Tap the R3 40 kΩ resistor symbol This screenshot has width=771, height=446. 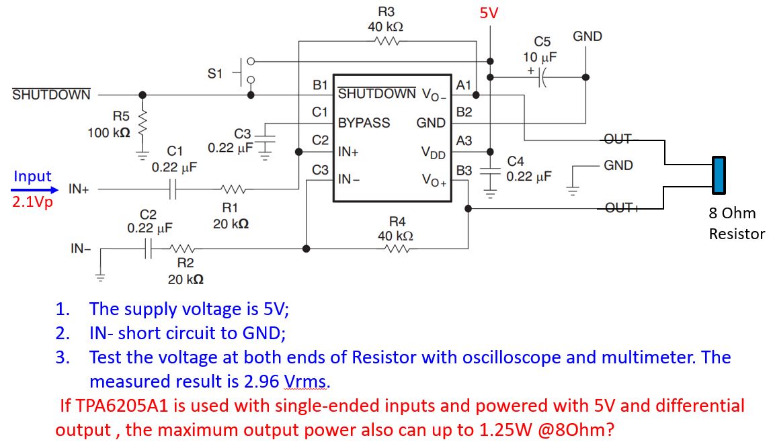pyautogui.click(x=388, y=41)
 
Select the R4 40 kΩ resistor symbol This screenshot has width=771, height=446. pyautogui.click(x=397, y=249)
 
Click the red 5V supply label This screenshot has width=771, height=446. pyautogui.click(x=489, y=13)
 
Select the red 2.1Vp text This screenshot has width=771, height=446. pyautogui.click(x=32, y=202)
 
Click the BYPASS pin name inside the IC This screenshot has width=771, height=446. pyautogui.click(x=364, y=123)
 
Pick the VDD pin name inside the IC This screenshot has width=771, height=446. pyautogui.click(x=434, y=153)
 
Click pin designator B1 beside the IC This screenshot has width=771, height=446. pyautogui.click(x=321, y=86)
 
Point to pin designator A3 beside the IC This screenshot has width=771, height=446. pyautogui.click(x=464, y=141)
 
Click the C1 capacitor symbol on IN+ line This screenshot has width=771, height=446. pyautogui.click(x=173, y=189)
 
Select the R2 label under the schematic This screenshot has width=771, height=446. pyautogui.click(x=186, y=263)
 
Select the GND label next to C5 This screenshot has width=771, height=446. pyautogui.click(x=587, y=36)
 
